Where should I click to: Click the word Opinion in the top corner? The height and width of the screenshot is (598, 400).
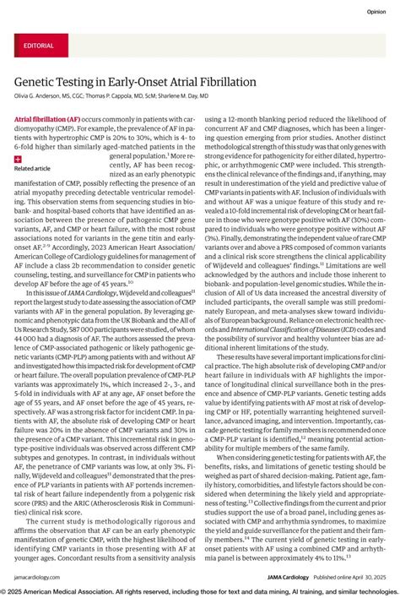pyautogui.click(x=376, y=12)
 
